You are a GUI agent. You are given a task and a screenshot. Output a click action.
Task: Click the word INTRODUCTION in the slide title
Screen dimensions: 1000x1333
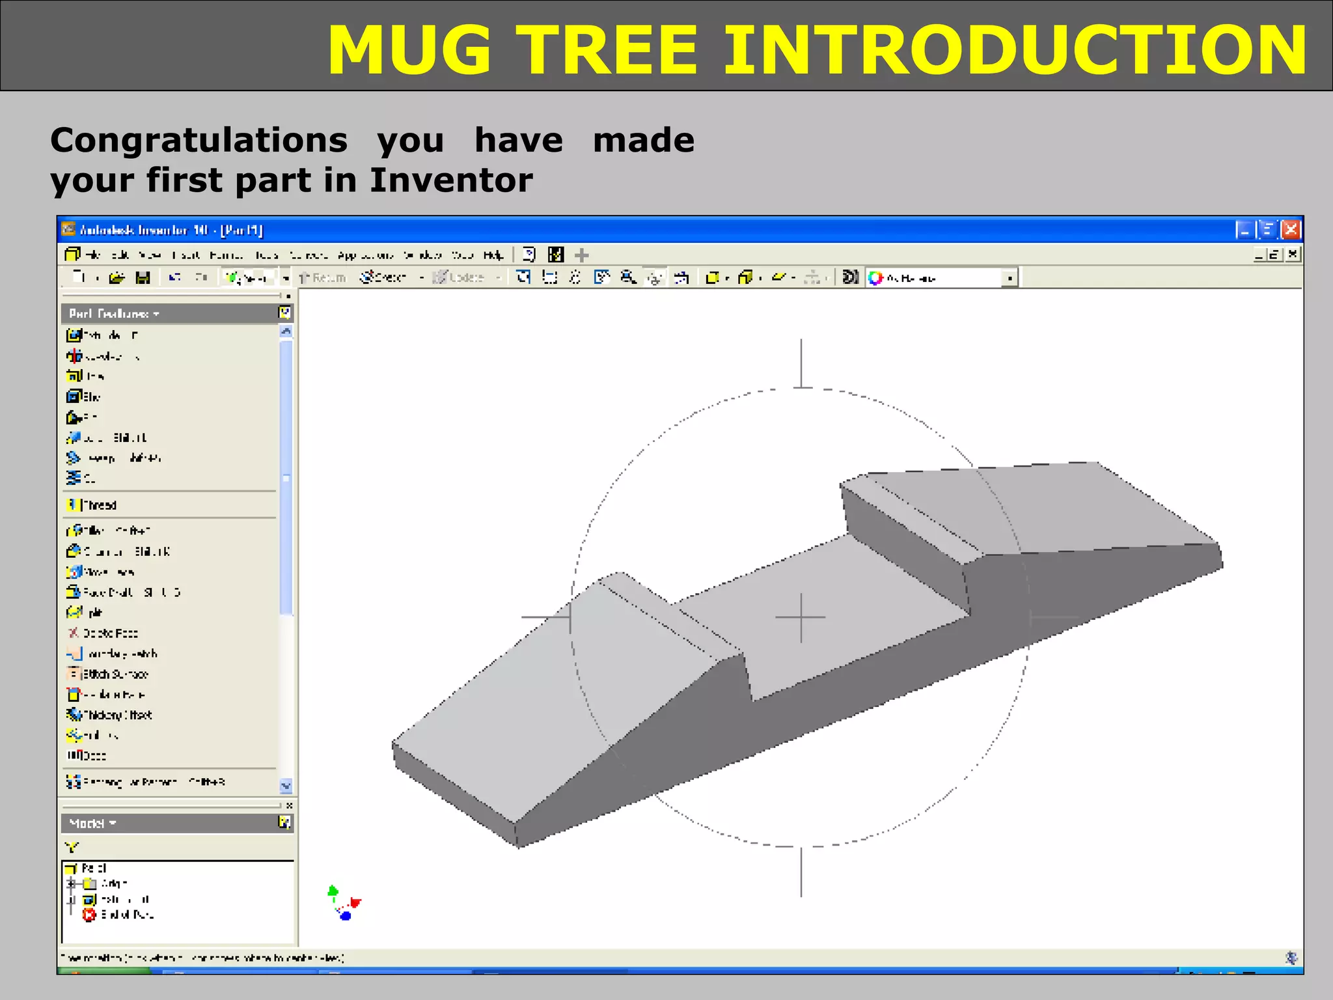pyautogui.click(x=1015, y=50)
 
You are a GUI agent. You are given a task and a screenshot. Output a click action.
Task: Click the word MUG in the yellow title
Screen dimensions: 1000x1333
pyautogui.click(x=409, y=50)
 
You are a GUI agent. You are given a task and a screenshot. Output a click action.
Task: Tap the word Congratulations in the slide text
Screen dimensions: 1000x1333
pyautogui.click(x=199, y=140)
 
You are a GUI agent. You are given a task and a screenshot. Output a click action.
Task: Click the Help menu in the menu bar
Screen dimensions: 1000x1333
pyautogui.click(x=493, y=255)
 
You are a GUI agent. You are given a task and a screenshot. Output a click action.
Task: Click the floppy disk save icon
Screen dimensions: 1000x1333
pyautogui.click(x=143, y=278)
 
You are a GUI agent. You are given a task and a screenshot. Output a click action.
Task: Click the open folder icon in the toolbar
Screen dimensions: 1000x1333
pyautogui.click(x=117, y=278)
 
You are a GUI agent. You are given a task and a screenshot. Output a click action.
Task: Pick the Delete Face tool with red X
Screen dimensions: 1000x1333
pyautogui.click(x=74, y=633)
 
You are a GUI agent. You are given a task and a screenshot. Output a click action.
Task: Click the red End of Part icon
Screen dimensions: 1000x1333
pyautogui.click(x=89, y=915)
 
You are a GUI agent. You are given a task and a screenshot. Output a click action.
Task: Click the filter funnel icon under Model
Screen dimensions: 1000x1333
pyautogui.click(x=72, y=847)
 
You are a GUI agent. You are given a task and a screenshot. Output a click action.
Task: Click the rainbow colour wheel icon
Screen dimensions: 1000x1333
pyautogui.click(x=875, y=278)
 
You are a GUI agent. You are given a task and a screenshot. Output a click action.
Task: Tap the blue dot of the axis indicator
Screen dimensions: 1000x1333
pyautogui.click(x=346, y=916)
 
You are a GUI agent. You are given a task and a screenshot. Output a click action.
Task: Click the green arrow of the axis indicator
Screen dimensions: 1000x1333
pyautogui.click(x=333, y=890)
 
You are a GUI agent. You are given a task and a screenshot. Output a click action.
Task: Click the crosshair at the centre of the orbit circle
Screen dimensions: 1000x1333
pyautogui.click(x=801, y=617)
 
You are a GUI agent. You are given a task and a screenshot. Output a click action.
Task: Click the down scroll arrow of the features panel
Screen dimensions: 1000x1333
pyautogui.click(x=286, y=785)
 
